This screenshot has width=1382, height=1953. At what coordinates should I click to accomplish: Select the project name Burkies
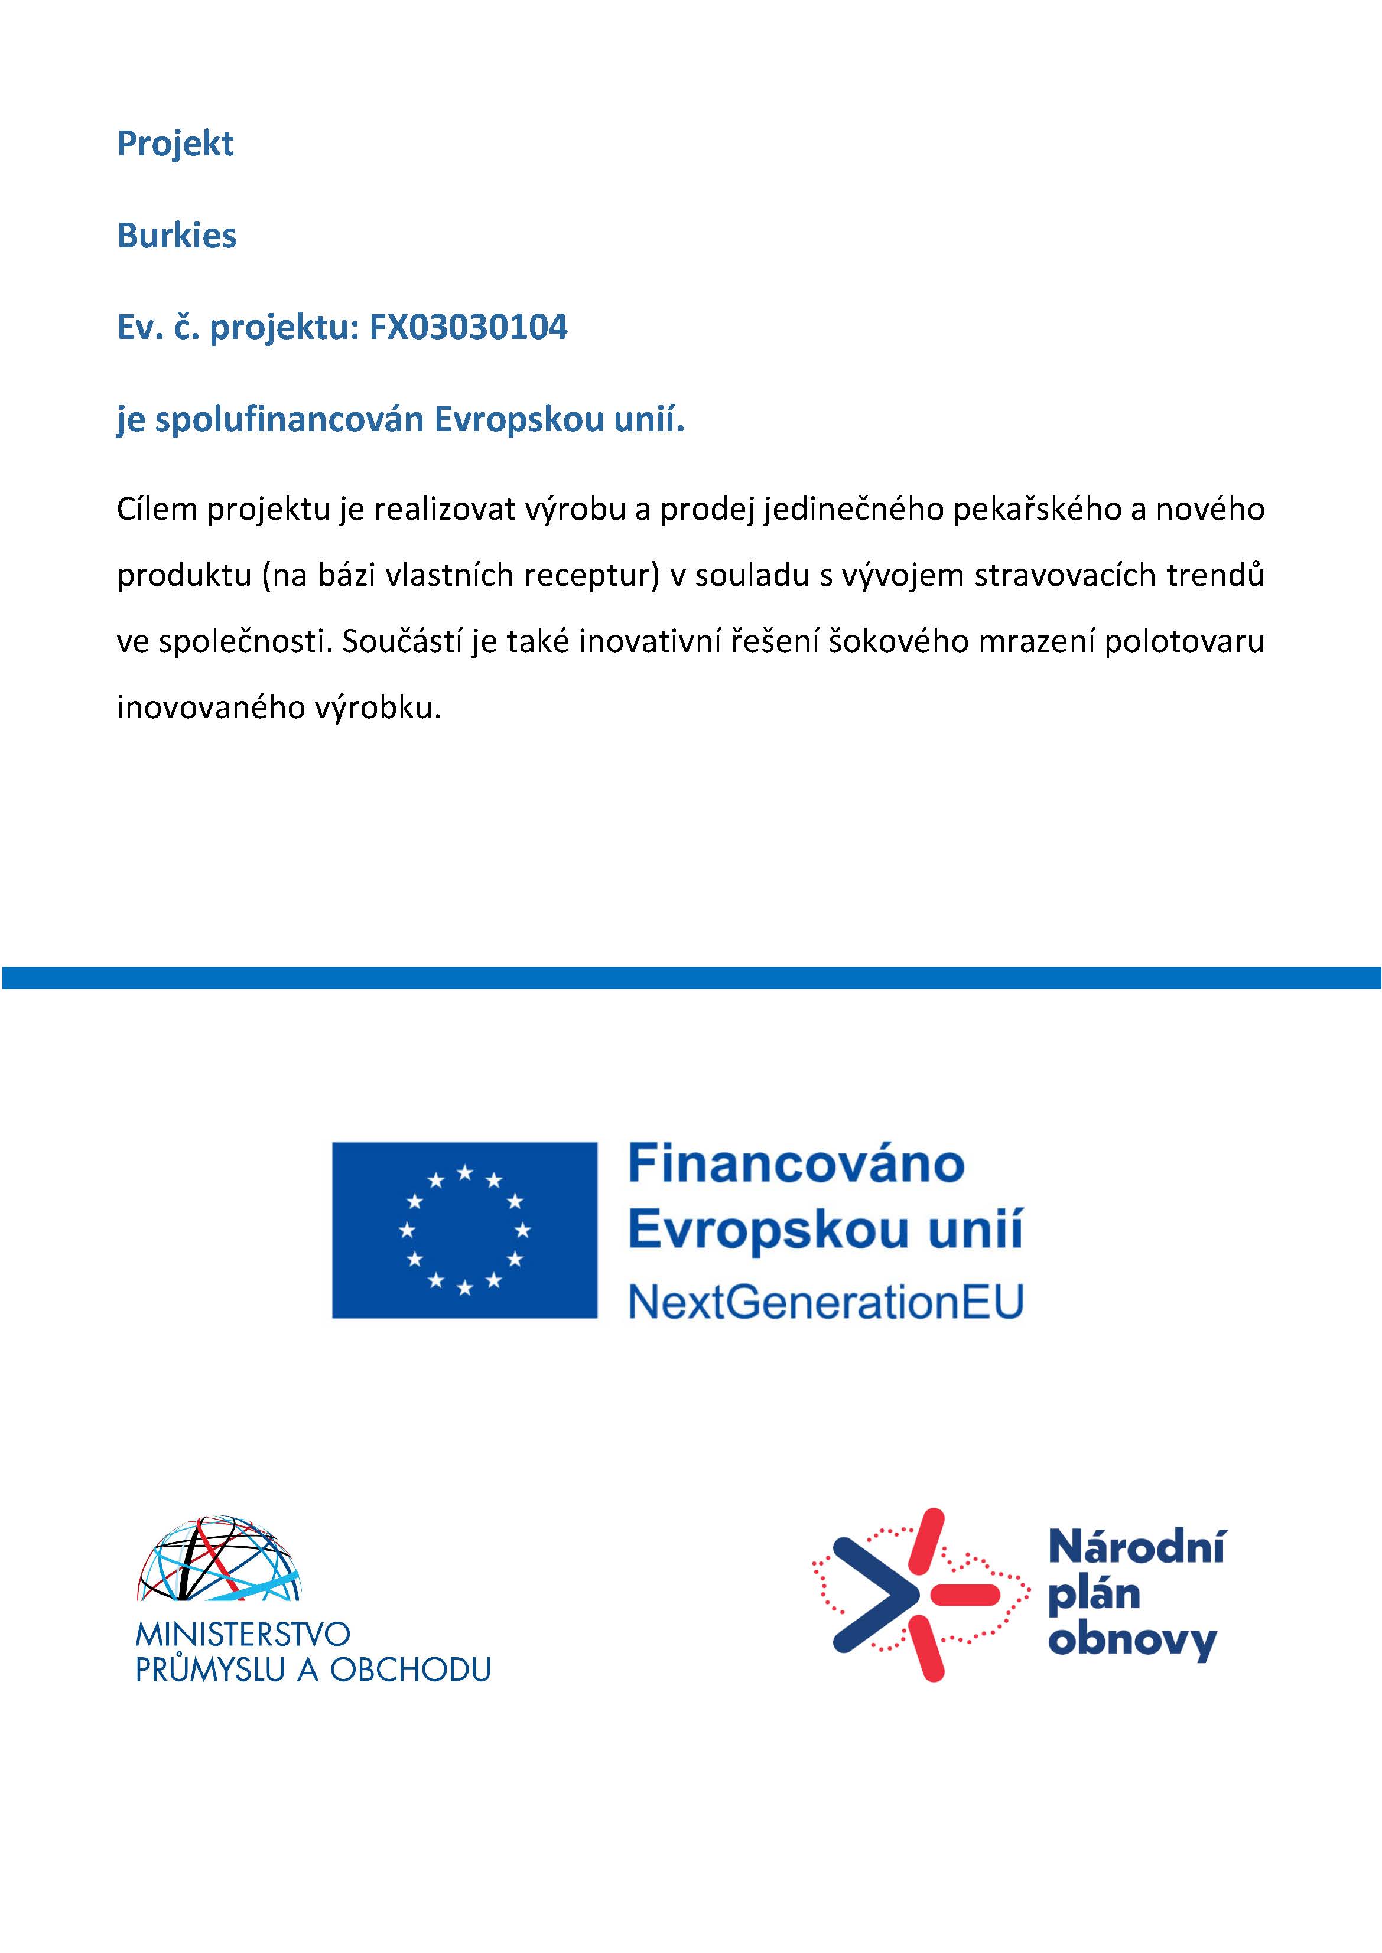[177, 236]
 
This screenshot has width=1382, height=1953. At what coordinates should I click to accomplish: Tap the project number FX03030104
[467, 328]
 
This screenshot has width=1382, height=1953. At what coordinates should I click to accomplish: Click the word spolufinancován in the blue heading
[290, 420]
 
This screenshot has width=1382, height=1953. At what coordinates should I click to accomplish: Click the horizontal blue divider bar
[691, 977]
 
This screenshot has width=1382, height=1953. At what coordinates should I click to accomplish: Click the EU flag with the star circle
[464, 1230]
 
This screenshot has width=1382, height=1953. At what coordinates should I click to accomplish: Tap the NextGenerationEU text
[825, 1302]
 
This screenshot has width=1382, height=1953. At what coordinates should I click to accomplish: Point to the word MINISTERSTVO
[242, 1634]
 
